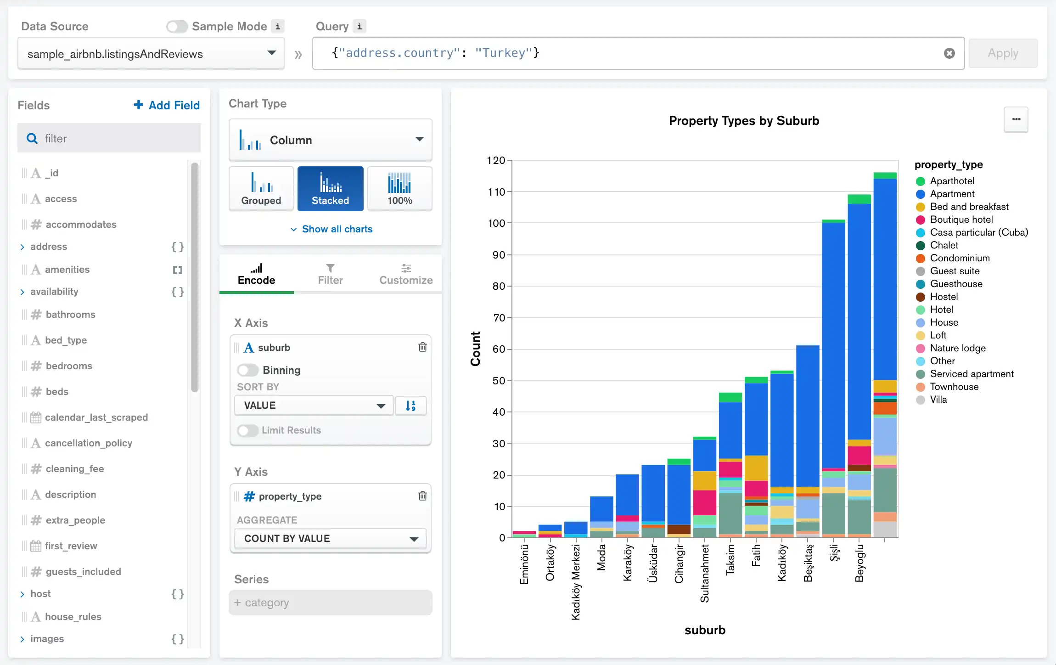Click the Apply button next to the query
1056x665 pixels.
pos(1002,53)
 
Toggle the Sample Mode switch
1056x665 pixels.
pos(177,27)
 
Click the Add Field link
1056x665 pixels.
pos(167,105)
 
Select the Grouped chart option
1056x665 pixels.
pos(261,189)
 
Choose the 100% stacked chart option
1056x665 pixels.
pos(399,189)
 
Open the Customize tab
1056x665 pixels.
pos(405,274)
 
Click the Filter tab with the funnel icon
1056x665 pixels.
pos(330,274)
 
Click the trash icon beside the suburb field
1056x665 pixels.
pos(422,347)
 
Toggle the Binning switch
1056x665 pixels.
pos(248,370)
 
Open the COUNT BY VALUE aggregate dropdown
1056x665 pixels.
pos(330,538)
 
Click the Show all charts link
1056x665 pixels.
pos(331,229)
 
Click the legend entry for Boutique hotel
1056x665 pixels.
pos(961,220)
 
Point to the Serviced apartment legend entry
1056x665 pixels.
pos(971,374)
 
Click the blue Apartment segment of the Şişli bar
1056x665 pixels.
pos(833,344)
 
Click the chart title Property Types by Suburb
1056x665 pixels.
pos(743,121)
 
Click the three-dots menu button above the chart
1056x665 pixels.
pos(1016,119)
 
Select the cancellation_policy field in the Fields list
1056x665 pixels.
pos(88,443)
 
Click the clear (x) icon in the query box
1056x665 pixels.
pos(949,53)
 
